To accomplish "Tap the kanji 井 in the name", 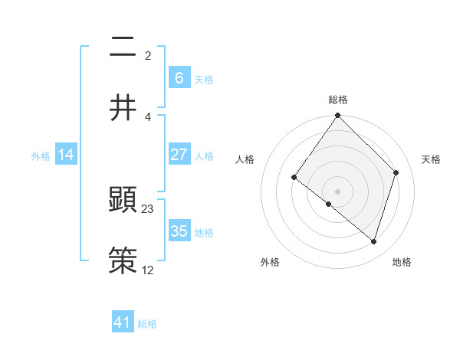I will [123, 107].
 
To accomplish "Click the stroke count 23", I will [148, 208].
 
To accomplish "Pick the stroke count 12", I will [148, 270].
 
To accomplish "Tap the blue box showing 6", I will [179, 77].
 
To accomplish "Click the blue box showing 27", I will [179, 155].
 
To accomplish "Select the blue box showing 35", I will [179, 231].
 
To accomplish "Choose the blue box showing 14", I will [66, 155].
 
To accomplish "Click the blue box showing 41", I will [122, 322].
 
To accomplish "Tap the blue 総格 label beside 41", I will [147, 324].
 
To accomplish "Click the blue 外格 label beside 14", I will [41, 156].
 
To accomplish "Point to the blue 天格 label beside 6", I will [204, 79].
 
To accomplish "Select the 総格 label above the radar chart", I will [338, 100].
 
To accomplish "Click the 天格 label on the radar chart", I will [431, 159].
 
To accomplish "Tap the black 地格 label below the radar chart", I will [402, 262].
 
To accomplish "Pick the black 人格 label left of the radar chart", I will [245, 159].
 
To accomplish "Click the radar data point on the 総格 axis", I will [337, 116].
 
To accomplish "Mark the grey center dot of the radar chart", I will [337, 191].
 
